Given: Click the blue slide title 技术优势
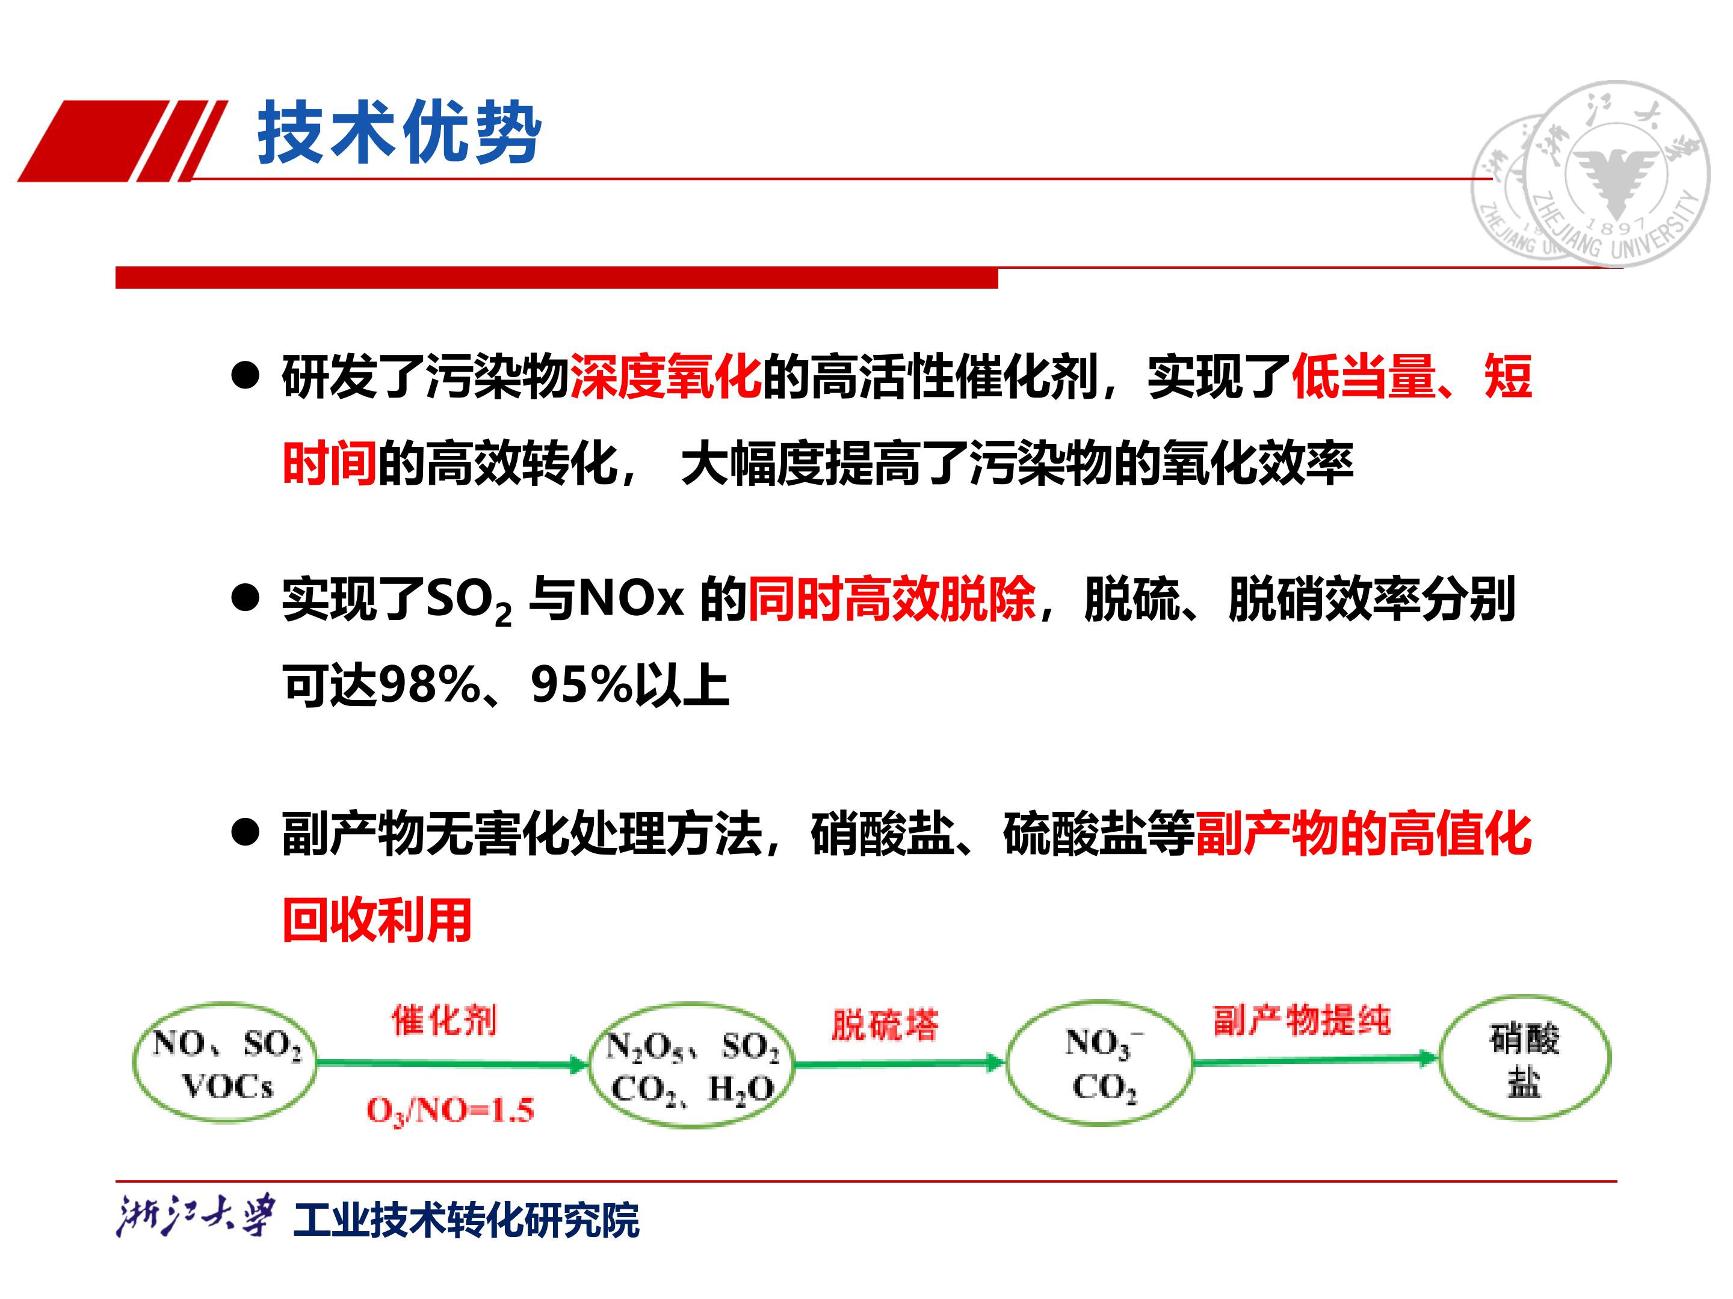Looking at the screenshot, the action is (x=400, y=132).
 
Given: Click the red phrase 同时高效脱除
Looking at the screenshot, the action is (x=892, y=599).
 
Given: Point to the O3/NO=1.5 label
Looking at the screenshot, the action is (x=451, y=1110).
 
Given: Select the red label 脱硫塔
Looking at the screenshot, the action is (x=885, y=1024).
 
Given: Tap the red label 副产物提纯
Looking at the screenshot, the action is (x=1302, y=1020).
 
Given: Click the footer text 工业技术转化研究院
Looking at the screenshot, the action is (x=466, y=1220).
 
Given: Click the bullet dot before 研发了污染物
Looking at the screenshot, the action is (x=246, y=376).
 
